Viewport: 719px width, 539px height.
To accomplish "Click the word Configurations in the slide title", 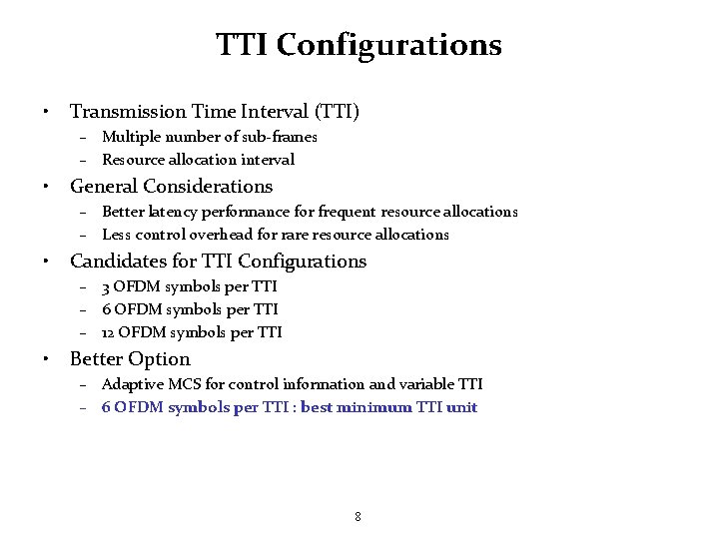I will pyautogui.click(x=389, y=45).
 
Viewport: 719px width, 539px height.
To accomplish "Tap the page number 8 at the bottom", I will pyautogui.click(x=358, y=516).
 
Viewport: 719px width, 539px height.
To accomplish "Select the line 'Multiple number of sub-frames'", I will pyautogui.click(x=209, y=137).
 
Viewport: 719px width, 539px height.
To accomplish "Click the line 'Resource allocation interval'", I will pyautogui.click(x=198, y=160).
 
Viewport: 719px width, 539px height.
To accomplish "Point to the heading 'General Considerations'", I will pyautogui.click(x=171, y=187).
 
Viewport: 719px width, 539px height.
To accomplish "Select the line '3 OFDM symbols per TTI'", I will pyautogui.click(x=189, y=286).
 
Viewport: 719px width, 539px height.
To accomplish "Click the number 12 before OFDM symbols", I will pyautogui.click(x=109, y=332).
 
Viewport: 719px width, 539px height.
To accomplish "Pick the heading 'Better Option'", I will pyautogui.click(x=130, y=359).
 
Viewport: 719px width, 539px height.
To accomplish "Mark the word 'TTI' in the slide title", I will pyautogui.click(x=243, y=45).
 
